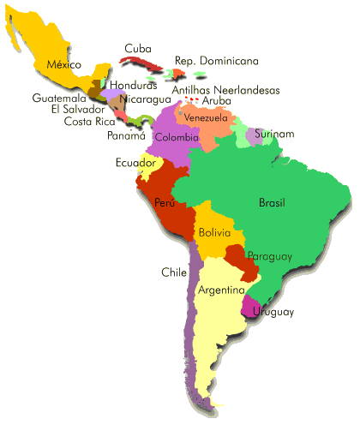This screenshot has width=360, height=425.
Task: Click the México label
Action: coord(64,64)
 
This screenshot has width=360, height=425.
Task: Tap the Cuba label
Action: coord(138,49)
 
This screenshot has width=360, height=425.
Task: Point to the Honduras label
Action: coord(134,86)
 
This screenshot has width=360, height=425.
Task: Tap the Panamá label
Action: coord(125,135)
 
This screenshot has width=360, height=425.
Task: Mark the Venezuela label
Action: coord(206,117)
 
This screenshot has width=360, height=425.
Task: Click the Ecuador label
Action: coord(135,163)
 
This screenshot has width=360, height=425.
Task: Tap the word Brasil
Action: coord(273,203)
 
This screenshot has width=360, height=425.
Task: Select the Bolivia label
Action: coord(214,232)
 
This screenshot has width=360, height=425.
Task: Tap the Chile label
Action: coord(174,272)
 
